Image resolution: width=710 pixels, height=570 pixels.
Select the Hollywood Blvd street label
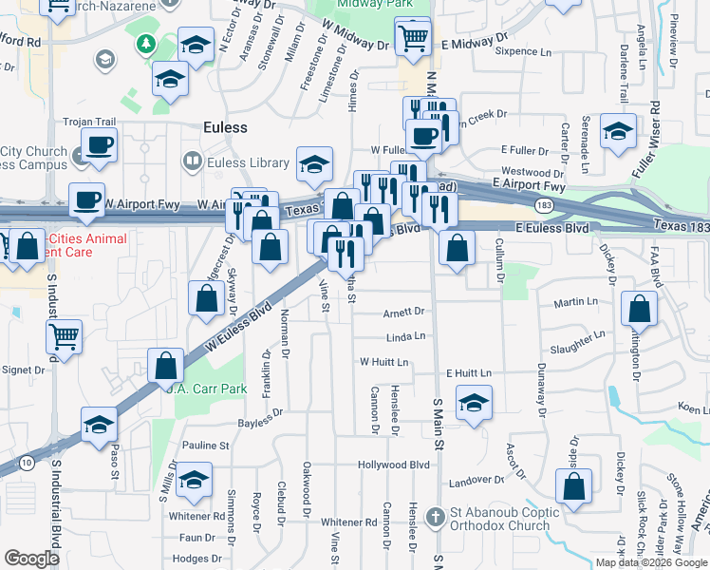pos(394,465)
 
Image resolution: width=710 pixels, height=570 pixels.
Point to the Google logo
pos(31,558)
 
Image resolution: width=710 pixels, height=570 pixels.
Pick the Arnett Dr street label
pos(403,312)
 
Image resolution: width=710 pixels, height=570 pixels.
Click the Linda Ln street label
pos(405,337)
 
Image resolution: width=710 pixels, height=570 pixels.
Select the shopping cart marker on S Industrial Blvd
pos(65,335)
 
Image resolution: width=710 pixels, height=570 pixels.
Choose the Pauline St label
pos(206,445)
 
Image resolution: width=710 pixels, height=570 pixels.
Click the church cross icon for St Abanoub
pos(436,518)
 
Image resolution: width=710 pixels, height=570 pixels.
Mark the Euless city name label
pos(225,127)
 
